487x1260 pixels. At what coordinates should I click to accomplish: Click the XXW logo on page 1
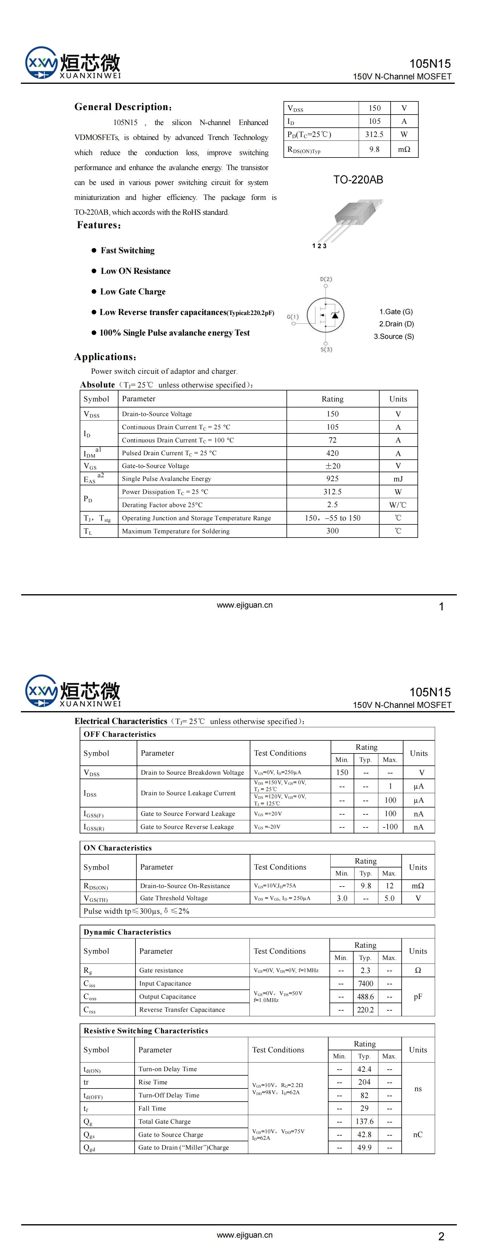pos(41,63)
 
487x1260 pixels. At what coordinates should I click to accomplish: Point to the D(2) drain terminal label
pos(326,279)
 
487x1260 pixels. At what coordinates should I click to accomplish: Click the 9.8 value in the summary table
pos(375,149)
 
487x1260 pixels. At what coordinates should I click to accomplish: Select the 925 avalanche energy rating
pos(332,478)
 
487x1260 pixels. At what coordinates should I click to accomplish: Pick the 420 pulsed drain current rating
pos(332,453)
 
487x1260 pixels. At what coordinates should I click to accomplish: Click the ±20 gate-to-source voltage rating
pos(332,466)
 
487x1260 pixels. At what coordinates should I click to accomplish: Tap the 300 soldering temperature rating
pos(332,531)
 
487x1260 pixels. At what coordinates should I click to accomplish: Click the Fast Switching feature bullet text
pos(127,251)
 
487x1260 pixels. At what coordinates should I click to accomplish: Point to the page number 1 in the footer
pos(441,606)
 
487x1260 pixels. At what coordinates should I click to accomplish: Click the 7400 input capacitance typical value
pos(365,983)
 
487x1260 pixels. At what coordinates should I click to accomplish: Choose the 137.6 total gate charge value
pos(365,1121)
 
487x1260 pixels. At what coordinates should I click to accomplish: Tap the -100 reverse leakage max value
pos(390,827)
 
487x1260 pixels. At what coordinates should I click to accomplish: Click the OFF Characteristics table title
pos(119,734)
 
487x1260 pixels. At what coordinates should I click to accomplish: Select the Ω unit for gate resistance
pos(417,970)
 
